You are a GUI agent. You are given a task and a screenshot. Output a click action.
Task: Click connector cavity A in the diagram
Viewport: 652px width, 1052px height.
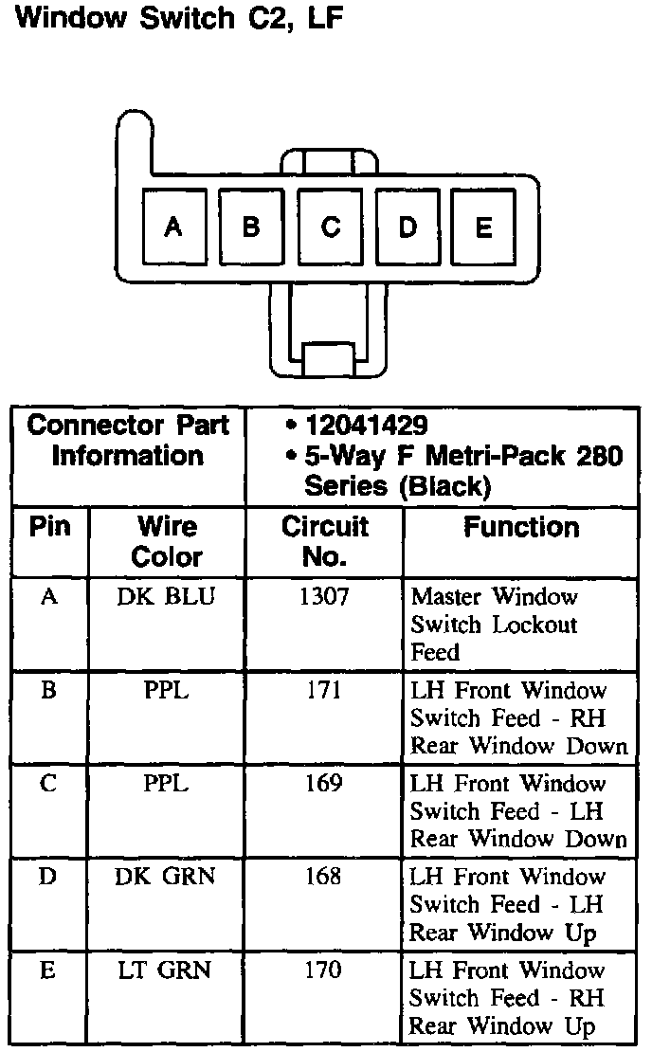click(x=172, y=227)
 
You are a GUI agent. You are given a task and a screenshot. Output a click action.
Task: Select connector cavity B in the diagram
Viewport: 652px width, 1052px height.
click(x=251, y=227)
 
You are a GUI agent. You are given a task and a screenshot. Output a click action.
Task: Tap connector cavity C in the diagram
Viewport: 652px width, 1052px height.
click(x=330, y=227)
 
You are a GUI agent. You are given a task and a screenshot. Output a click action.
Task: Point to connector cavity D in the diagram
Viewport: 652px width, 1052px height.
click(x=407, y=227)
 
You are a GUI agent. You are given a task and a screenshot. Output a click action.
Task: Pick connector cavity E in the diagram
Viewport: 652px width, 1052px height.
click(x=483, y=227)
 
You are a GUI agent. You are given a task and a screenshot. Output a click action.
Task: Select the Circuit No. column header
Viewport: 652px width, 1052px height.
click(x=324, y=541)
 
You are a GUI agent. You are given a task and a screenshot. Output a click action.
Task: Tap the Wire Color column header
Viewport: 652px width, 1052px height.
click(x=167, y=541)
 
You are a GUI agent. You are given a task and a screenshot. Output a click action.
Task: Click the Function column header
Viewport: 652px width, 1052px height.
click(x=521, y=528)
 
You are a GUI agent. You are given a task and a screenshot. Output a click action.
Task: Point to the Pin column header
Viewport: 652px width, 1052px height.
click(x=50, y=527)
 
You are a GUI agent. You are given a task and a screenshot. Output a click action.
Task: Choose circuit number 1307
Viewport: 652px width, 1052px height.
click(x=323, y=596)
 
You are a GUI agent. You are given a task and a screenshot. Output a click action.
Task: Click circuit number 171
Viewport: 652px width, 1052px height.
click(x=323, y=690)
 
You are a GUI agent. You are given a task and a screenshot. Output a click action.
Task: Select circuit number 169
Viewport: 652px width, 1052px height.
click(x=323, y=784)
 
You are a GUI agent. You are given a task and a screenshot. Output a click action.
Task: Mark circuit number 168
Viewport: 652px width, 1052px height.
click(x=323, y=877)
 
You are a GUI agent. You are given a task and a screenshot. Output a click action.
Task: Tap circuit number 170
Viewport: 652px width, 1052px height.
click(x=323, y=970)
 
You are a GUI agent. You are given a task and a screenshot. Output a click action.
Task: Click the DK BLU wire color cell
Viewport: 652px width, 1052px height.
click(x=167, y=596)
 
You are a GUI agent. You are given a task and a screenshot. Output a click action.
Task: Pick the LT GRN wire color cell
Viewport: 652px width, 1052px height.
click(x=167, y=970)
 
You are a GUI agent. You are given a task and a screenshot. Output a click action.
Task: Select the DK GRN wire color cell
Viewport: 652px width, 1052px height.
click(x=167, y=877)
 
